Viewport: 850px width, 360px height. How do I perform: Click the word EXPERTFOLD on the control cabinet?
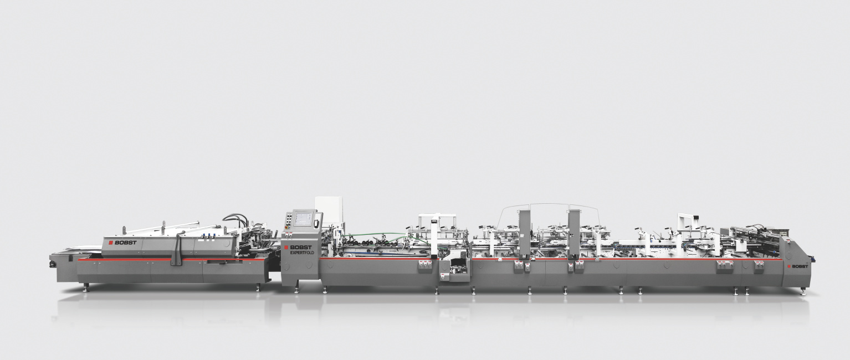[x=302, y=253]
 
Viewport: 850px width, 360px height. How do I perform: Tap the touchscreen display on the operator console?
[x=304, y=219]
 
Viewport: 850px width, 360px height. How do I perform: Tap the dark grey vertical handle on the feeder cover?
[x=178, y=249]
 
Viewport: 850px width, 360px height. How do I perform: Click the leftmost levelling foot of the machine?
[x=86, y=286]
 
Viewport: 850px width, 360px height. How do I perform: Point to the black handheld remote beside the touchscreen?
[x=317, y=222]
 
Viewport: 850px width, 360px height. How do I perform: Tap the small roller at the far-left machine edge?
[x=53, y=265]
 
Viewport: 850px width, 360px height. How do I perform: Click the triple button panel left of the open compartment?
[x=425, y=266]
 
